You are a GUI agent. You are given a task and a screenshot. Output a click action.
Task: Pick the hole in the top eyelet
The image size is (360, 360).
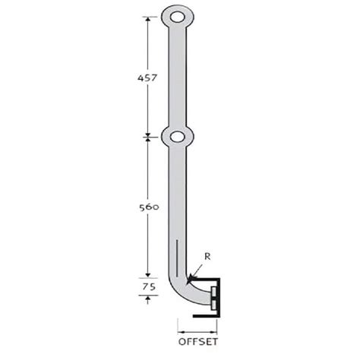pos(177,16)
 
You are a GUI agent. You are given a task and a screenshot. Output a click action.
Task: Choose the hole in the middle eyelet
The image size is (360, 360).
pos(177,137)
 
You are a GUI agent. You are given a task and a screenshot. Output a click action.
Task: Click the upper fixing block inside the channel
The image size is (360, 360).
pos(215,291)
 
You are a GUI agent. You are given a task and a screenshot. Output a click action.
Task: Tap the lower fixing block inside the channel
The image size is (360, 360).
pos(215,304)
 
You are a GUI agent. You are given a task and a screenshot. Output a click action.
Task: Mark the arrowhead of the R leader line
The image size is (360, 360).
pos(186,279)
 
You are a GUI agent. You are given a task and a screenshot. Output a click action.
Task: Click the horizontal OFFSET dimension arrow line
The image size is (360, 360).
pos(197,330)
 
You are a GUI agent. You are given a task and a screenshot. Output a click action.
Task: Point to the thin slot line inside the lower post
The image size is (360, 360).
pos(177,258)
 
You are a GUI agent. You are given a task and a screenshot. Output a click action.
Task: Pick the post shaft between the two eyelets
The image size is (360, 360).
pos(177,76)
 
